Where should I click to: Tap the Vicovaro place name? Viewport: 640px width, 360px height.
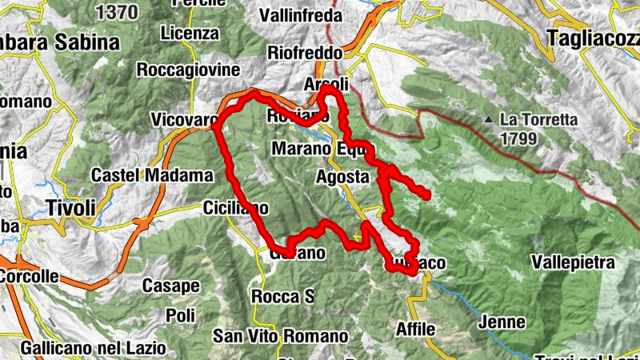[x=183, y=121]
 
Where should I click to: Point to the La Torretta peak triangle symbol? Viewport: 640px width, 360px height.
[x=488, y=121]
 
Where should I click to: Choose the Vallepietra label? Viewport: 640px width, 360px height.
[x=573, y=262]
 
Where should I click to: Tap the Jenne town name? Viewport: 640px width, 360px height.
[x=502, y=323]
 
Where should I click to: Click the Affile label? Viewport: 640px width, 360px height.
[x=415, y=329]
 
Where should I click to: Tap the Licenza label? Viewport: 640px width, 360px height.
[x=189, y=34]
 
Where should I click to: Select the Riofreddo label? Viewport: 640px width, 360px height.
[x=305, y=53]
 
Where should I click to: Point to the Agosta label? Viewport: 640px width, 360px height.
[x=342, y=176]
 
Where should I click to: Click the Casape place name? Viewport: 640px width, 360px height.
[x=170, y=286]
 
